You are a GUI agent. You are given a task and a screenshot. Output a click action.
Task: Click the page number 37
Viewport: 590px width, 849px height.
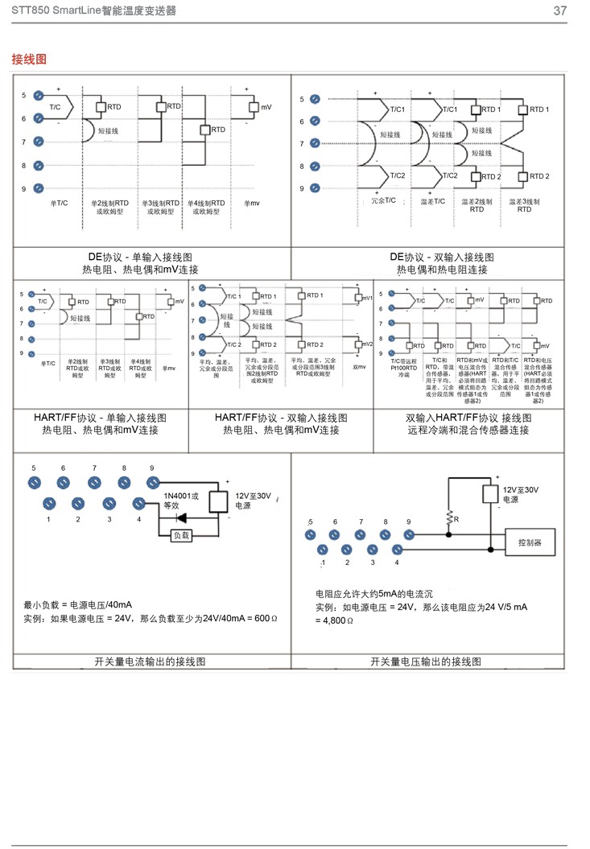(x=560, y=10)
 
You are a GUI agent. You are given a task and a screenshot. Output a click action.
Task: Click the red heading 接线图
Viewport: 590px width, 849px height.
(x=29, y=60)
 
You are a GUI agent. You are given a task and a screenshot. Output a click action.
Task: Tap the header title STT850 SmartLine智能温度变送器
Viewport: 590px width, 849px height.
(x=94, y=10)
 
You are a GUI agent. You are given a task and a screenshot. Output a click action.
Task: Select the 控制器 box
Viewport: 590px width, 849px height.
(x=529, y=543)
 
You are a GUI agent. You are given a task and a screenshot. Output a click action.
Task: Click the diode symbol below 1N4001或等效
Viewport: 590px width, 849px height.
(x=183, y=517)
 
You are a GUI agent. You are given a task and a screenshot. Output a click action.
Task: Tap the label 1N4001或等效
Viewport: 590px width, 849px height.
(x=181, y=501)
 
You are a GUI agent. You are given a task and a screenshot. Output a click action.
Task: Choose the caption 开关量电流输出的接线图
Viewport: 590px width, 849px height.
(x=151, y=661)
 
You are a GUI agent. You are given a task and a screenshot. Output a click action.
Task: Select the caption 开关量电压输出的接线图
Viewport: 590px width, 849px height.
(x=426, y=661)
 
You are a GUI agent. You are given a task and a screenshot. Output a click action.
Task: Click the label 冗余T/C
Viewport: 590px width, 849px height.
(x=384, y=200)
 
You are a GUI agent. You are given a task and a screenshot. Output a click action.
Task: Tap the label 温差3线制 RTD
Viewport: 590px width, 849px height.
(x=524, y=204)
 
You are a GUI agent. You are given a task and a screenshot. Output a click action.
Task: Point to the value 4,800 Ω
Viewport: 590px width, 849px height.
(x=333, y=620)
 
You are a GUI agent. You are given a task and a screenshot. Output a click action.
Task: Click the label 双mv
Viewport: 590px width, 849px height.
(x=359, y=367)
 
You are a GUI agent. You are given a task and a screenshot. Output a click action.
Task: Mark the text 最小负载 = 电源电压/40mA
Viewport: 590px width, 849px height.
(x=77, y=604)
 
